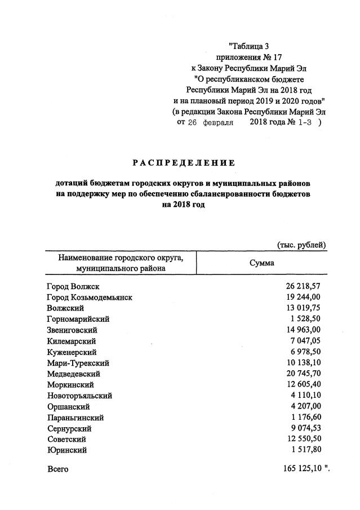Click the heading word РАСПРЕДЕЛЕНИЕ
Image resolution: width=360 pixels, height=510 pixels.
click(184, 163)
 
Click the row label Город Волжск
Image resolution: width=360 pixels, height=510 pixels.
click(73, 286)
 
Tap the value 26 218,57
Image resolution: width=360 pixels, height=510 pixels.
click(303, 286)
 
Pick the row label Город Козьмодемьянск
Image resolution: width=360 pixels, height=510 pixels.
click(90, 297)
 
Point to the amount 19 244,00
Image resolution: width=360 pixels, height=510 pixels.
click(303, 297)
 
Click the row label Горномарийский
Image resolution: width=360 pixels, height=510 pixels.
click(78, 319)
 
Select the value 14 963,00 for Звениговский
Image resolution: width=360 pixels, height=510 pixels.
click(303, 330)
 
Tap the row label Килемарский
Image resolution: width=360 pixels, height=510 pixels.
click(71, 341)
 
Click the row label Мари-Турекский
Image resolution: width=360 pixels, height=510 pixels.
click(78, 363)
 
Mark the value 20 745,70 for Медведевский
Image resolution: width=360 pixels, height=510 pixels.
click(303, 374)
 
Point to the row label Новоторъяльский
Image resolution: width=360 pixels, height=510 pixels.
click(79, 396)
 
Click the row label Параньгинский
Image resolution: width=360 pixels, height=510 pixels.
click(75, 418)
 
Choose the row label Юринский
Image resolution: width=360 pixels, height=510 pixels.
click(67, 450)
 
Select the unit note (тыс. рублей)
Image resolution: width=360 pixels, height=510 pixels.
click(302, 245)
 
